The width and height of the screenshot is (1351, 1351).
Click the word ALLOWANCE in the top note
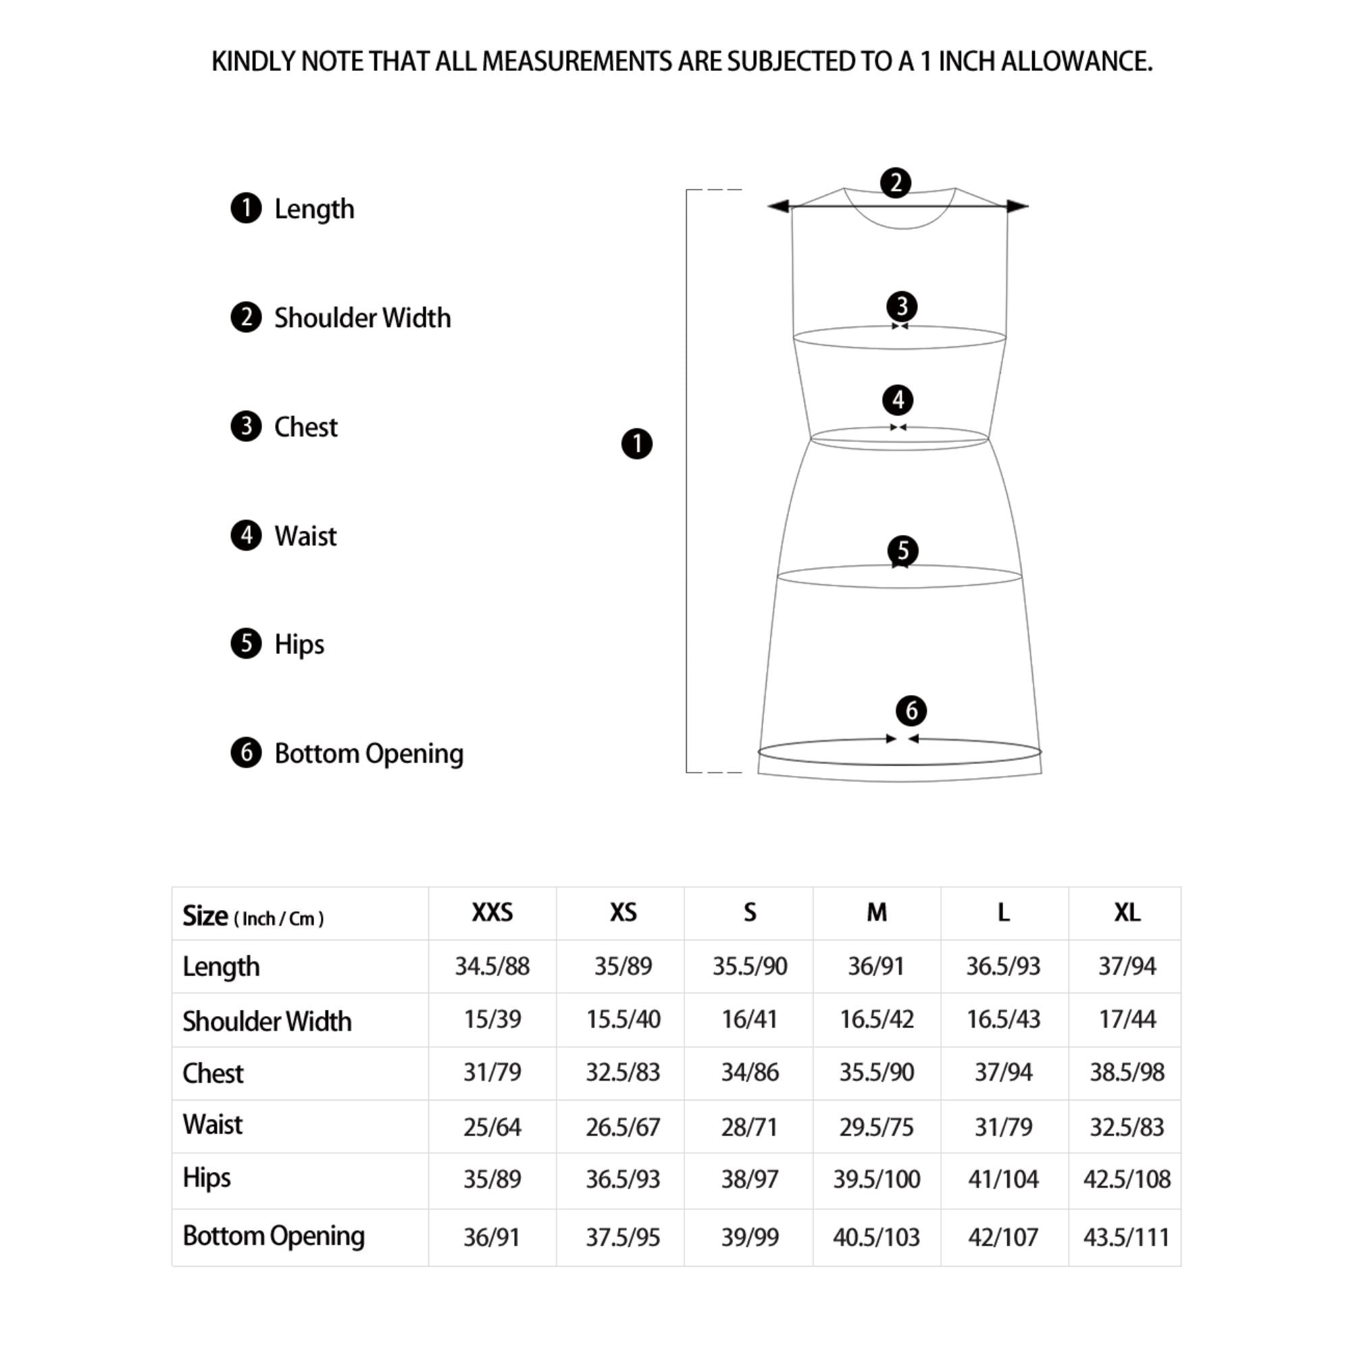1076,62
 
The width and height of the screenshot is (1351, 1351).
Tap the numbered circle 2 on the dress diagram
895,183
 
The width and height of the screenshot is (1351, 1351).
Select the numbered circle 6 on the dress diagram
911,711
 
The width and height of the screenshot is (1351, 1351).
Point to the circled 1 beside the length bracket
636,444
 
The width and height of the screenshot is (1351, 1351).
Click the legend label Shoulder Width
362,318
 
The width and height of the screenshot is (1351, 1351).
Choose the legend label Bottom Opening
369,754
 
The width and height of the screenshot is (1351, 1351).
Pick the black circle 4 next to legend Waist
246,536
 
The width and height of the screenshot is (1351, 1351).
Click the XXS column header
492,913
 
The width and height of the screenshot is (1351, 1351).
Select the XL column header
1127,913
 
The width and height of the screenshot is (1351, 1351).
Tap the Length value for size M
876,967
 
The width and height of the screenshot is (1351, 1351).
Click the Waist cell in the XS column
622,1127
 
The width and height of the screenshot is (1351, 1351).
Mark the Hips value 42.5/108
1127,1179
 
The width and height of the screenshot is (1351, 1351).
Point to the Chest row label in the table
213,1073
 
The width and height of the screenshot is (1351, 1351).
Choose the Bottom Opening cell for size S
750,1238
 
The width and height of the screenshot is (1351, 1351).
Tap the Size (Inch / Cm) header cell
253,916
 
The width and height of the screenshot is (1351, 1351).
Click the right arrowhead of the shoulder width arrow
1018,206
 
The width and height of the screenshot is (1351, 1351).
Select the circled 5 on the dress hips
902,551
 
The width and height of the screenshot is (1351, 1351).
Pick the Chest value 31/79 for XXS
492,1072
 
